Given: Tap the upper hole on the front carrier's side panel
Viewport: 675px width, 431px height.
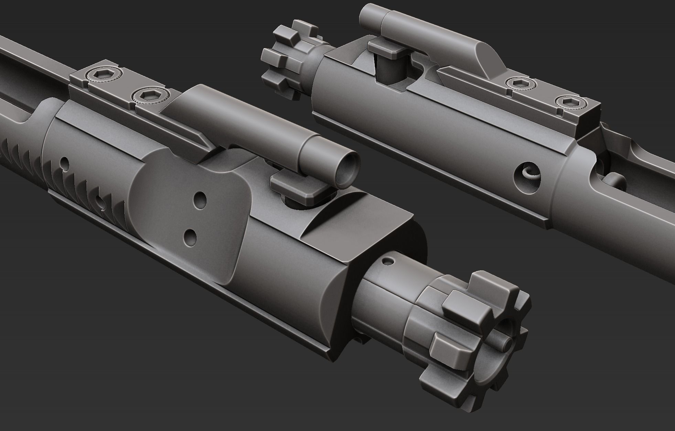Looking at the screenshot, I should pos(200,200).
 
